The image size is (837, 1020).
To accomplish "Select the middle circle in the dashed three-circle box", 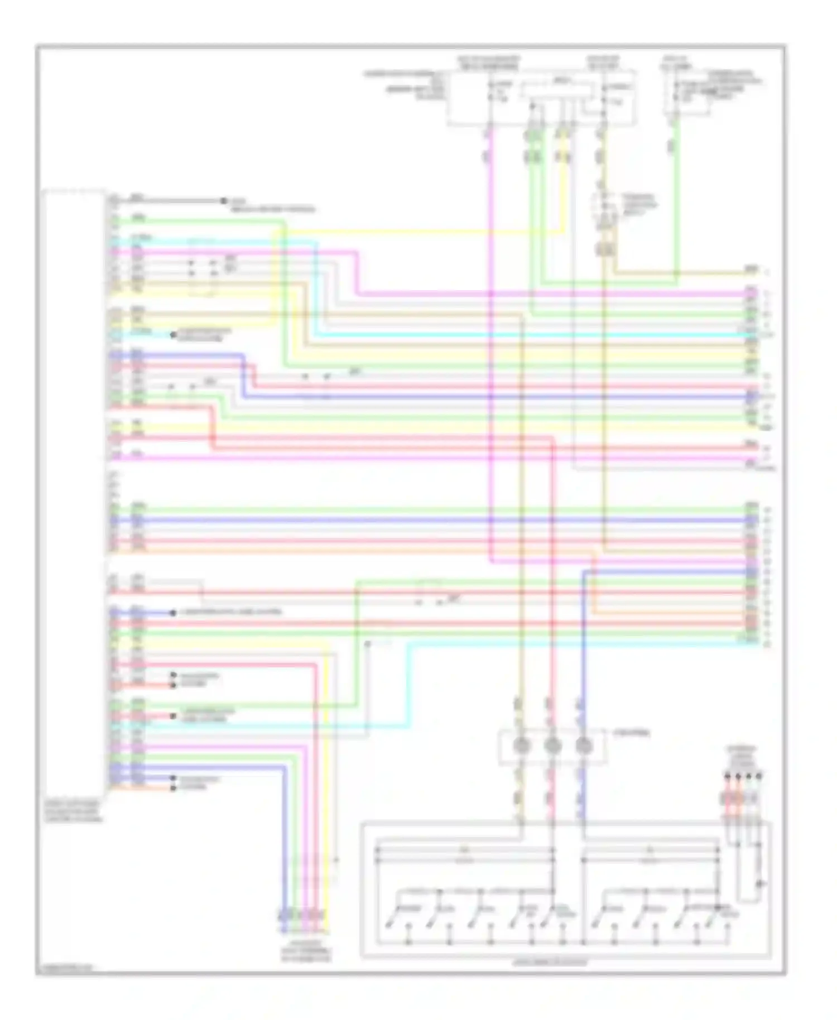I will [x=552, y=745].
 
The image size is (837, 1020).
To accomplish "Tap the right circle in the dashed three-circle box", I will [x=584, y=745].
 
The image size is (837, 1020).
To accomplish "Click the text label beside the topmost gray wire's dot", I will [x=272, y=205].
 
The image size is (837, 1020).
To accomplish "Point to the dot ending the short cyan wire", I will [x=173, y=335].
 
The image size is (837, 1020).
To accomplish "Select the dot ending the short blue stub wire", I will [x=173, y=612].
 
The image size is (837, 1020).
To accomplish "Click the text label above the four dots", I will [x=742, y=757].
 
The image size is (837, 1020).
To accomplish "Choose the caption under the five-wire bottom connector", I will [x=305, y=955].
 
